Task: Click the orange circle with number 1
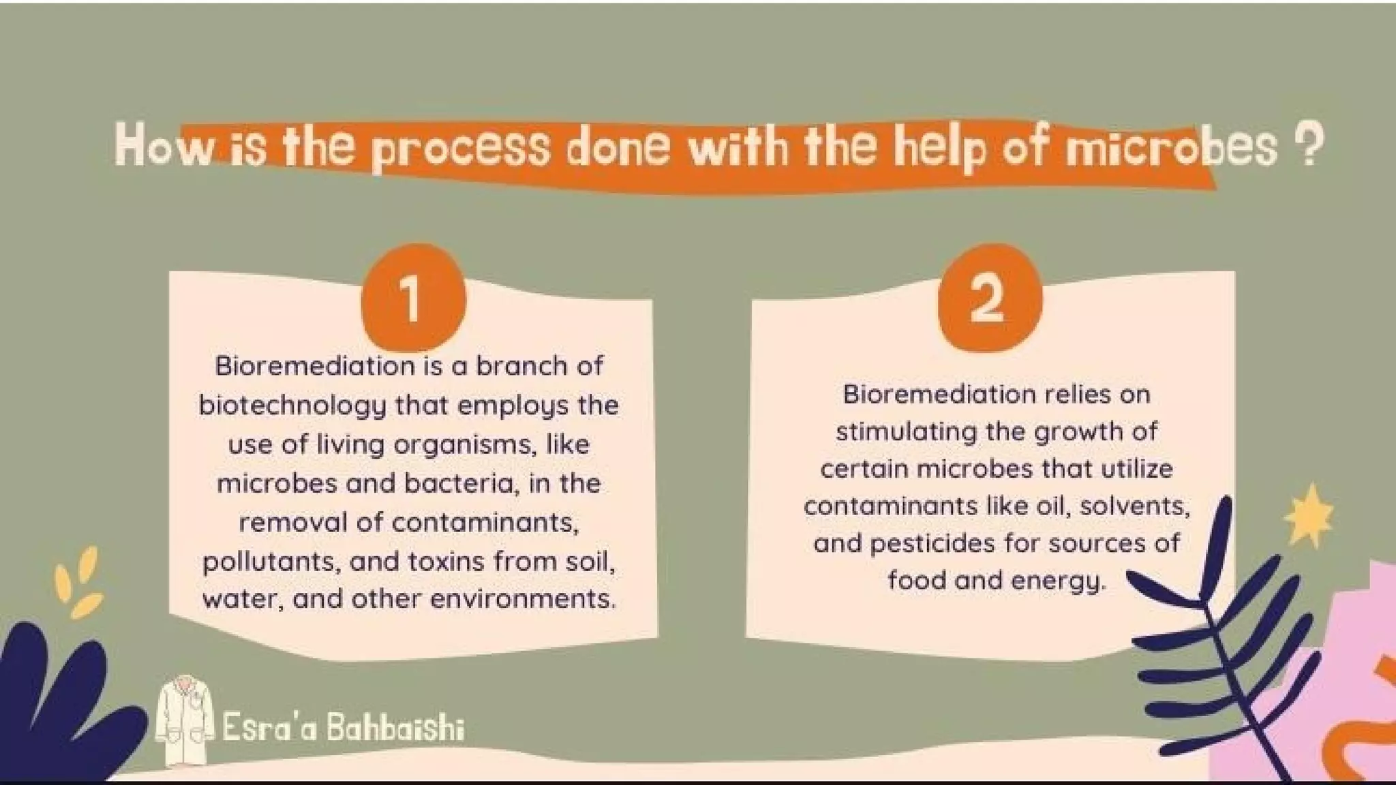(x=412, y=298)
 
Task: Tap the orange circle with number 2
(x=989, y=298)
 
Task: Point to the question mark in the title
(x=1308, y=146)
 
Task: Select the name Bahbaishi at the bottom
(x=395, y=728)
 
